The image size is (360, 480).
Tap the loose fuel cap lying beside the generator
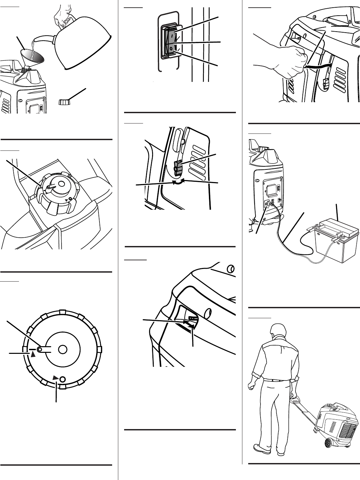(63, 102)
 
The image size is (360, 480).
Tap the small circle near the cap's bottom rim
(62, 379)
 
